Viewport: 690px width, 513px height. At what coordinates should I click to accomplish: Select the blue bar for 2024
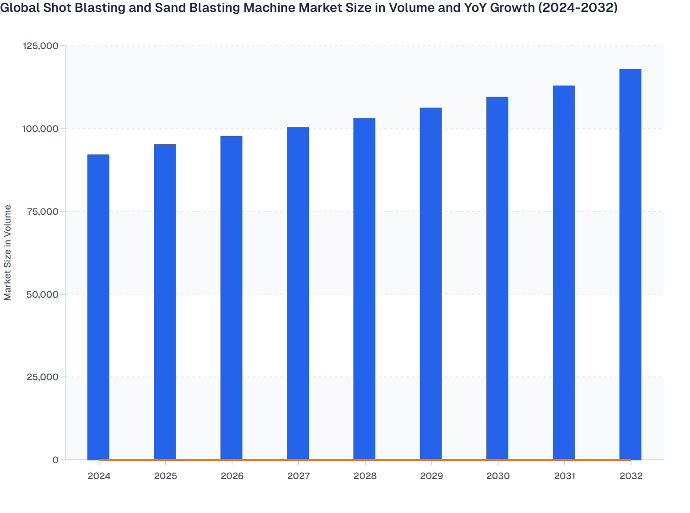point(98,307)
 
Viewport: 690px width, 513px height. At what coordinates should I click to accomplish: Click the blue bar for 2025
point(165,302)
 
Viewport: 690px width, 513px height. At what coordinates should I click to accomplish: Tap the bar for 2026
point(232,298)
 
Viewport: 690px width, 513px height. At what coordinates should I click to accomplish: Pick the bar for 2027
point(298,293)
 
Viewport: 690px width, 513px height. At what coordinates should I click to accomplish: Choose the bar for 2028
point(364,289)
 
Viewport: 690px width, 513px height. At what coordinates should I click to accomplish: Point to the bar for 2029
point(431,284)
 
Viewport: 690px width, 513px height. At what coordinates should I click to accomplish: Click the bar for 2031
point(564,273)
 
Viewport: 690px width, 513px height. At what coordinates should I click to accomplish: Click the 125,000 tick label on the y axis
point(40,46)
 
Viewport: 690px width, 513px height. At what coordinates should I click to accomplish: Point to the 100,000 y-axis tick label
point(40,129)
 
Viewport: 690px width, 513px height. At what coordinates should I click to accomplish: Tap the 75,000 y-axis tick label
point(43,212)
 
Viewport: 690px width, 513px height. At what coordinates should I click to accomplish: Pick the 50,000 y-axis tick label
point(43,294)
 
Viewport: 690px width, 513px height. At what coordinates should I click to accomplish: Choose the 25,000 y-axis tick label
point(43,377)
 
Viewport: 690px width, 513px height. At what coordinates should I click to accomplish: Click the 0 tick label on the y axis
point(55,460)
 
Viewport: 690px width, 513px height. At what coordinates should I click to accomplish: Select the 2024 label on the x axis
point(99,476)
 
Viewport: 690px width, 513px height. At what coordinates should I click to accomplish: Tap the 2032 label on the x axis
point(631,476)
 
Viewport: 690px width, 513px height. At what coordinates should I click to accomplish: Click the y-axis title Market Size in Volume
point(8,252)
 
